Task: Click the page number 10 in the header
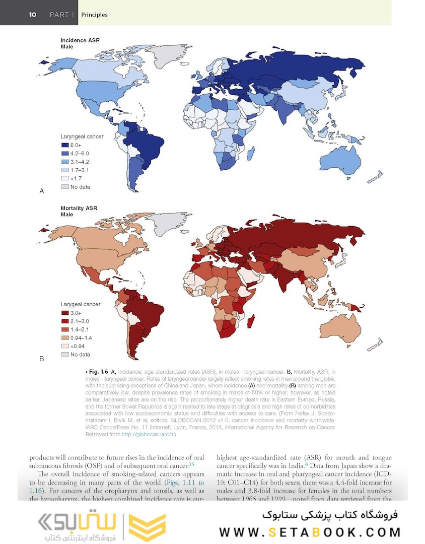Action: pyautogui.click(x=32, y=15)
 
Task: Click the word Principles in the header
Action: pyautogui.click(x=94, y=15)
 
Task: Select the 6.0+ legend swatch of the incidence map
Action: pyautogui.click(x=64, y=145)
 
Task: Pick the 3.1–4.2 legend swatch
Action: pyautogui.click(x=64, y=162)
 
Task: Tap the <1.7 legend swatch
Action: pyautogui.click(x=64, y=178)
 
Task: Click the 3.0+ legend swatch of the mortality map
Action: pyautogui.click(x=64, y=313)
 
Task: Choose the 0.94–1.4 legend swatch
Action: pyautogui.click(x=64, y=337)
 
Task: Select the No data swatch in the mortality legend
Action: pyautogui.click(x=64, y=354)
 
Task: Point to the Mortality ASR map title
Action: pyautogui.click(x=79, y=208)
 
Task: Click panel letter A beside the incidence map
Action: pyautogui.click(x=42, y=191)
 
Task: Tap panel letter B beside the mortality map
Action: pyautogui.click(x=42, y=359)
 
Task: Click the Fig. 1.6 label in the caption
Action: pyautogui.click(x=100, y=371)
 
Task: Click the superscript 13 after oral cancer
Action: pyautogui.click(x=191, y=463)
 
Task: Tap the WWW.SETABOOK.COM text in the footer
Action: pyautogui.click(x=310, y=532)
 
